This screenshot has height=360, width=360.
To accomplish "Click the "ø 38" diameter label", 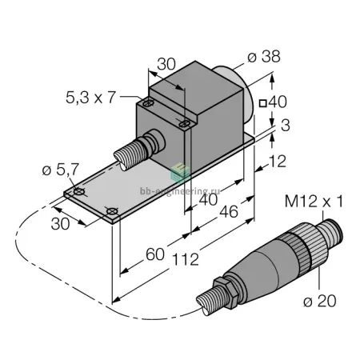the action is pos(264,57).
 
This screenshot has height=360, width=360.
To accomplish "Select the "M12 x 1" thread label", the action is pos(314,202).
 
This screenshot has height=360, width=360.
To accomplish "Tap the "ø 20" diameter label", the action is pos(320,302).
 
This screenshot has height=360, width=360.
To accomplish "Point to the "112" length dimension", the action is pos(186,259).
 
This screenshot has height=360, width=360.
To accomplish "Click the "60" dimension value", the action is pos(155,254).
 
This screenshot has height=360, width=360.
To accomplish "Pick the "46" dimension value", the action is pos(229,212).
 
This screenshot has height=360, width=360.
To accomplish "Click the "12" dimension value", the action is pos(278,161).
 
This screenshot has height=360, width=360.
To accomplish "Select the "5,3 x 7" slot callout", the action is pos(90,98).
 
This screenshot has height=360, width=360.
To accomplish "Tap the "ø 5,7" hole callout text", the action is pos(61,170).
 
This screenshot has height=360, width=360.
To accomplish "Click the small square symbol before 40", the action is pos(263,103).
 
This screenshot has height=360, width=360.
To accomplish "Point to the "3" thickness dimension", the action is pos(286,126).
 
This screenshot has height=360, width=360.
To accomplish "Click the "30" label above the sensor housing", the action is pos(166,64).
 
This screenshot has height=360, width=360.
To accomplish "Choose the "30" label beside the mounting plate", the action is pos(60,224).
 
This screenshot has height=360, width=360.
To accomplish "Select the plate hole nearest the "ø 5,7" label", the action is pos(79,191).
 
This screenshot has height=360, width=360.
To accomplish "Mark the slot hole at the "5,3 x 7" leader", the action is pos(147,102).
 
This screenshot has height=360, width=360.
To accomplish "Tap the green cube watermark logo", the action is pos(180,172).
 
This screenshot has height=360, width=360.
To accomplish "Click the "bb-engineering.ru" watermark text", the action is pos(180,191).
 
